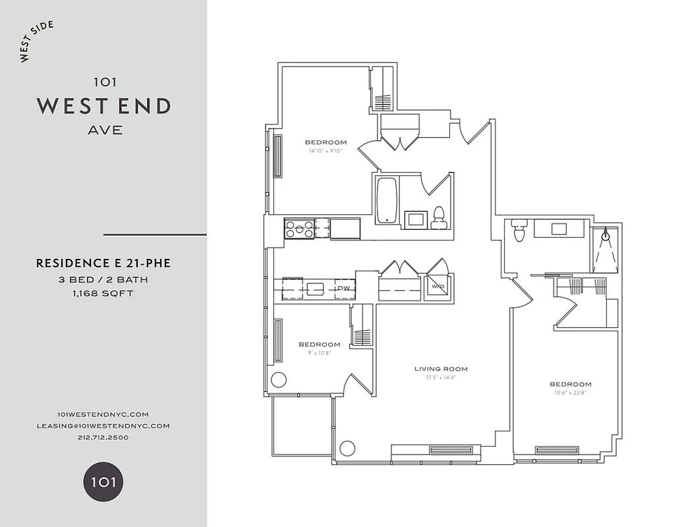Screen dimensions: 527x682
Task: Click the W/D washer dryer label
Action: click(x=437, y=287)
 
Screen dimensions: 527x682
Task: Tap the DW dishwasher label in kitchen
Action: click(x=344, y=289)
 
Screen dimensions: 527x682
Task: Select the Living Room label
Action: click(x=441, y=369)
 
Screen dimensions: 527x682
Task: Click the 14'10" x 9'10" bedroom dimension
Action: click(x=326, y=151)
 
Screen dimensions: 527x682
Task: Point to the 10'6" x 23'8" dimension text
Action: click(x=570, y=393)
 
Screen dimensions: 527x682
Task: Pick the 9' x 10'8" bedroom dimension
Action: click(x=319, y=352)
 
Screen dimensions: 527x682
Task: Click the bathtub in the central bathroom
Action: click(x=385, y=200)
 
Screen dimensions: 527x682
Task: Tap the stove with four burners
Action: click(x=299, y=228)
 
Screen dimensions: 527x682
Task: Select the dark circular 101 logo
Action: click(x=103, y=482)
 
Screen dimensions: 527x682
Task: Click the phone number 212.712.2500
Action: click(x=103, y=437)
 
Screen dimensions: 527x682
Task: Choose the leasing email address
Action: click(x=103, y=426)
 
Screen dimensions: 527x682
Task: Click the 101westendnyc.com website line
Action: click(x=103, y=414)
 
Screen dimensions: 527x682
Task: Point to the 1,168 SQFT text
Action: click(x=103, y=293)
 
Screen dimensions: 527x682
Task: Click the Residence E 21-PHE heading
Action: click(x=103, y=263)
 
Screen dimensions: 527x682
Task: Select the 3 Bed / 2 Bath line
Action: click(x=103, y=279)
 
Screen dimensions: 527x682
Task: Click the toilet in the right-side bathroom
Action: click(x=519, y=231)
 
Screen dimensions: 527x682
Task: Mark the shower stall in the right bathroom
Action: click(x=606, y=249)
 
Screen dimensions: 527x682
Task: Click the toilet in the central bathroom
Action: click(x=438, y=218)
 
